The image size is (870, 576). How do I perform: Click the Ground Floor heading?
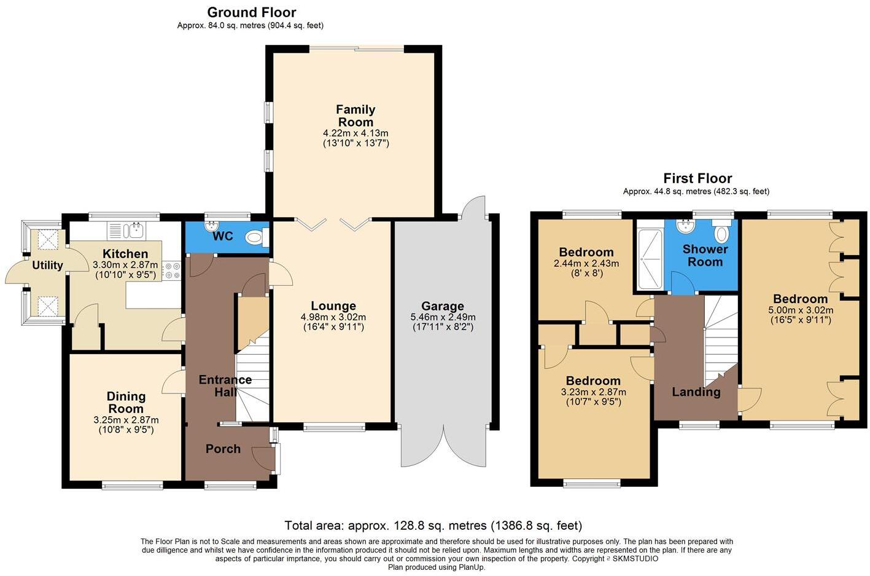click(x=252, y=12)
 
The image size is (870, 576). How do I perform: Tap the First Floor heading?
click(x=697, y=178)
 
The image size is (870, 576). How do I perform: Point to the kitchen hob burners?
click(x=172, y=270)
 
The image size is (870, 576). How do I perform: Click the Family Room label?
click(x=355, y=116)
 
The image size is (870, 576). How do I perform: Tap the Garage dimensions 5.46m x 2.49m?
click(x=443, y=317)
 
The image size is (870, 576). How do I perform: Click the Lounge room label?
click(x=333, y=306)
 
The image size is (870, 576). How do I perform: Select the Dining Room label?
click(x=126, y=403)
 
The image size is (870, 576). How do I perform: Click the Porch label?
click(x=223, y=449)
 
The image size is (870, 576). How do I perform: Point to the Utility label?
click(x=47, y=265)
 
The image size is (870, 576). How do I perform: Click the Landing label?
click(x=696, y=392)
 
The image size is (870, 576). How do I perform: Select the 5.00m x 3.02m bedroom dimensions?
click(x=801, y=310)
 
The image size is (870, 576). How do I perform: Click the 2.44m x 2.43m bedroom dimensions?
click(x=586, y=263)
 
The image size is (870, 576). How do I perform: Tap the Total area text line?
click(x=433, y=526)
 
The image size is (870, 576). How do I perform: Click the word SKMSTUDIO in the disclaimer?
click(x=634, y=559)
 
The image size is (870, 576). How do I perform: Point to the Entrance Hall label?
click(x=225, y=386)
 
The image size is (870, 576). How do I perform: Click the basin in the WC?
click(x=212, y=226)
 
